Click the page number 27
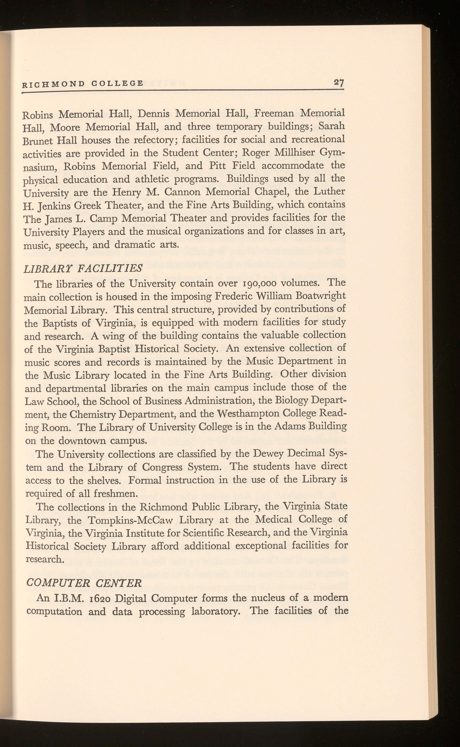[338, 82]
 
